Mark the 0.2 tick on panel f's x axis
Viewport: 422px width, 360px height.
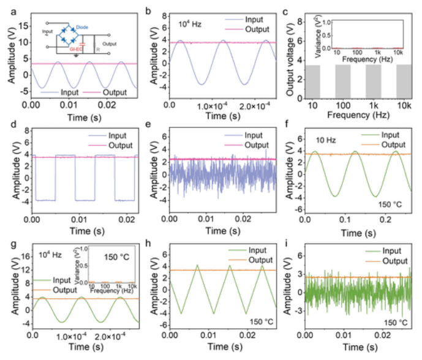coord(381,220)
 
